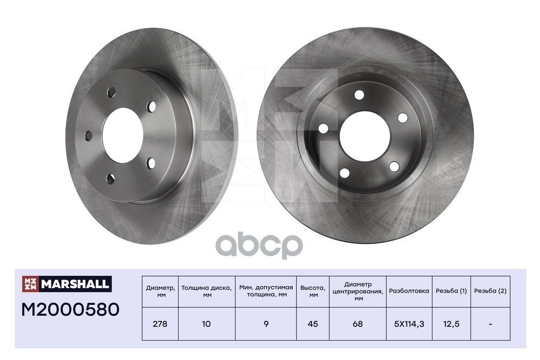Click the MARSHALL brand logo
pyautogui.click(x=67, y=284)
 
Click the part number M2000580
pyautogui.click(x=70, y=309)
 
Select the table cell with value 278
pyautogui.click(x=160, y=324)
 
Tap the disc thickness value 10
pyautogui.click(x=206, y=324)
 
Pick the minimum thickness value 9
pyautogui.click(x=266, y=324)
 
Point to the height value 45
pyautogui.click(x=313, y=324)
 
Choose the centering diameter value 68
pyautogui.click(x=358, y=324)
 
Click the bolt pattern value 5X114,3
pyautogui.click(x=409, y=324)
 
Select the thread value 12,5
pyautogui.click(x=451, y=324)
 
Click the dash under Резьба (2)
pyautogui.click(x=490, y=324)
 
